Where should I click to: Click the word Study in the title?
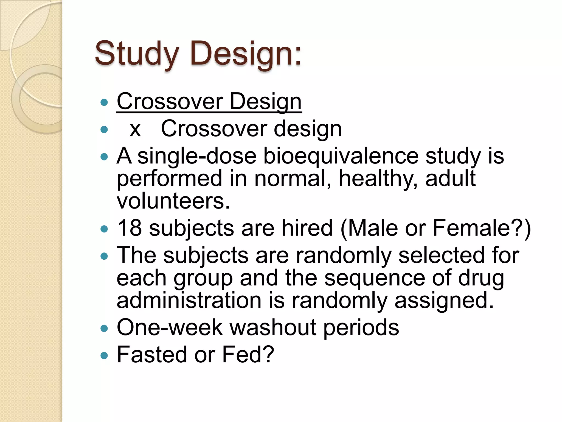tap(137, 54)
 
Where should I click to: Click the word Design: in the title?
tap(245, 54)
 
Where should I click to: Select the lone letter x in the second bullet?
tap(135, 129)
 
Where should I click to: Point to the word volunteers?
tap(173, 201)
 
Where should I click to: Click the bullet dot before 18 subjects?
tap(104, 229)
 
